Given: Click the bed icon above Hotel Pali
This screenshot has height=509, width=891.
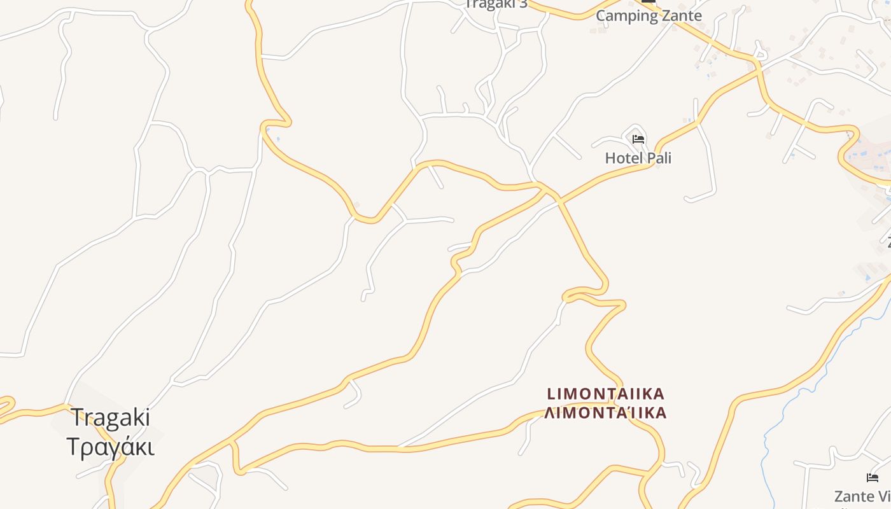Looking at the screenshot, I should (638, 139).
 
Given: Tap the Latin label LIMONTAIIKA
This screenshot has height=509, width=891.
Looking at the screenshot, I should (605, 394).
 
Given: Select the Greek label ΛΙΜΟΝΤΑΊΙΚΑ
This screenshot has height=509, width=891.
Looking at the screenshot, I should (605, 413).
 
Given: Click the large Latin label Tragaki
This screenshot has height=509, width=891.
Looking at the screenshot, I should (110, 418).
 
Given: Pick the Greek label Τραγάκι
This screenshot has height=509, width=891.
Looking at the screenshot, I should (110, 447).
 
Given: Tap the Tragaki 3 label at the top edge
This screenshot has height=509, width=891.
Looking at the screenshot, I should (496, 4).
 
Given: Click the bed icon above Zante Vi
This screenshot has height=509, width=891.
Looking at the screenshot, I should (872, 477).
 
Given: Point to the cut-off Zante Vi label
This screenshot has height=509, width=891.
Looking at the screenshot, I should (863, 496).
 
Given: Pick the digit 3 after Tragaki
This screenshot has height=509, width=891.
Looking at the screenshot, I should (523, 4).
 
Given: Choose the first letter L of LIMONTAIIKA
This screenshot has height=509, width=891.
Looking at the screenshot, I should (551, 394).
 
